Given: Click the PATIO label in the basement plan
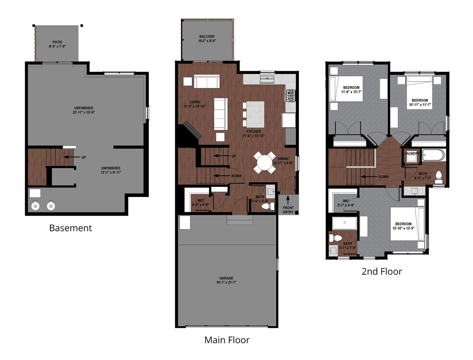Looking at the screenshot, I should [57, 42].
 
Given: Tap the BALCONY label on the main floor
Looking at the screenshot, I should [207, 37].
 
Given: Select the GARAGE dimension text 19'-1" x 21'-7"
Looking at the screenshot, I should [226, 283].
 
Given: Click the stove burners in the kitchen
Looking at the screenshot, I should [290, 96].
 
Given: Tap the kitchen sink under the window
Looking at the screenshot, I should [267, 80].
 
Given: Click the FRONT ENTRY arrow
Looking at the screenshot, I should [288, 200].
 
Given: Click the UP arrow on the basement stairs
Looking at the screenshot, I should [70, 157].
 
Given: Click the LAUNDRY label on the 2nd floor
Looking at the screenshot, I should [412, 154].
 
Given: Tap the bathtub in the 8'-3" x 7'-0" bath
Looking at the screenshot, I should [434, 155].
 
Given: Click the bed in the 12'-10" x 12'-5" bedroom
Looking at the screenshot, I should [407, 224].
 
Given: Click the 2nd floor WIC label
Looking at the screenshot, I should [346, 201].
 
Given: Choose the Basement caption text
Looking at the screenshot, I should [70, 228].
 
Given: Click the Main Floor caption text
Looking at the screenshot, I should [227, 340].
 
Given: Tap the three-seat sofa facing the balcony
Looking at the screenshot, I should [207, 82].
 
